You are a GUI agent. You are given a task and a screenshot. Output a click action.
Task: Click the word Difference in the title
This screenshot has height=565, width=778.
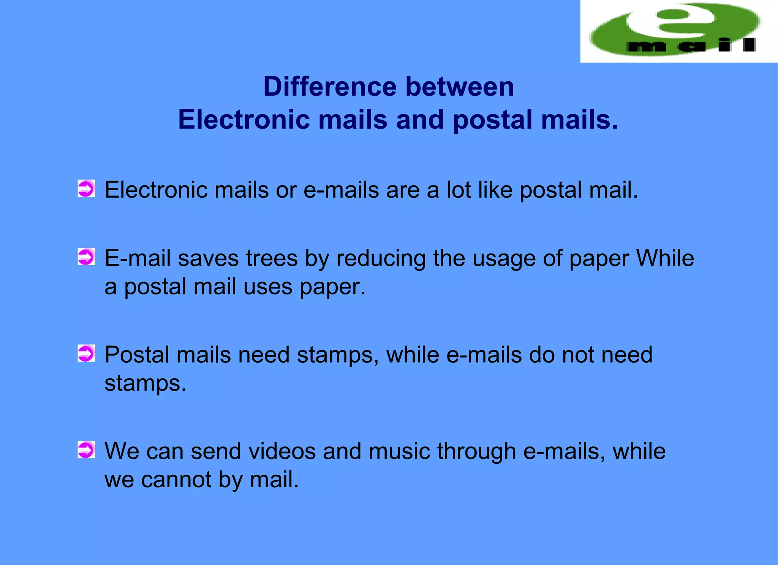click(330, 87)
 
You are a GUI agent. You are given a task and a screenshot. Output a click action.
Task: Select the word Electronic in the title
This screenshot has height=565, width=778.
click(244, 120)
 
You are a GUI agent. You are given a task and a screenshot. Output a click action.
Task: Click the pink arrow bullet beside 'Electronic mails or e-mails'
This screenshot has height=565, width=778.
click(86, 189)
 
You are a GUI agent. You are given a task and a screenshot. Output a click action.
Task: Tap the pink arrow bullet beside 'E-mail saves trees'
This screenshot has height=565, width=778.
click(86, 257)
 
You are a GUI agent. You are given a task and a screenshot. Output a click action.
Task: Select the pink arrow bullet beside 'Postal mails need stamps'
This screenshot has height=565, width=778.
click(86, 353)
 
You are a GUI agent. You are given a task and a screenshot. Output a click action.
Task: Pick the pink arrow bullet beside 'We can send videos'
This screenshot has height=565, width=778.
click(86, 450)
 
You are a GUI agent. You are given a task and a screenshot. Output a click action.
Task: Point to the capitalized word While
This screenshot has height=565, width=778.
click(665, 258)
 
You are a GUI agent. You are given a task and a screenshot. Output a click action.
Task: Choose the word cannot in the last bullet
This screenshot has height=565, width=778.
click(176, 480)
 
